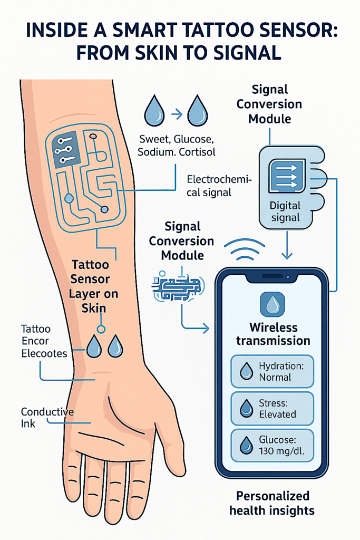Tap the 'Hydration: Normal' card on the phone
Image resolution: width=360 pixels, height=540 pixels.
point(272,371)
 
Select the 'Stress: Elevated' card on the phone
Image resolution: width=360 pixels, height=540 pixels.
point(272,408)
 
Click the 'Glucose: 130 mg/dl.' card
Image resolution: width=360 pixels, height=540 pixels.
point(272,445)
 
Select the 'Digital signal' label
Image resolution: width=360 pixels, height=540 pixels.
point(285,211)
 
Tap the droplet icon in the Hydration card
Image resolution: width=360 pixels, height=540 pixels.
point(246,372)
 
